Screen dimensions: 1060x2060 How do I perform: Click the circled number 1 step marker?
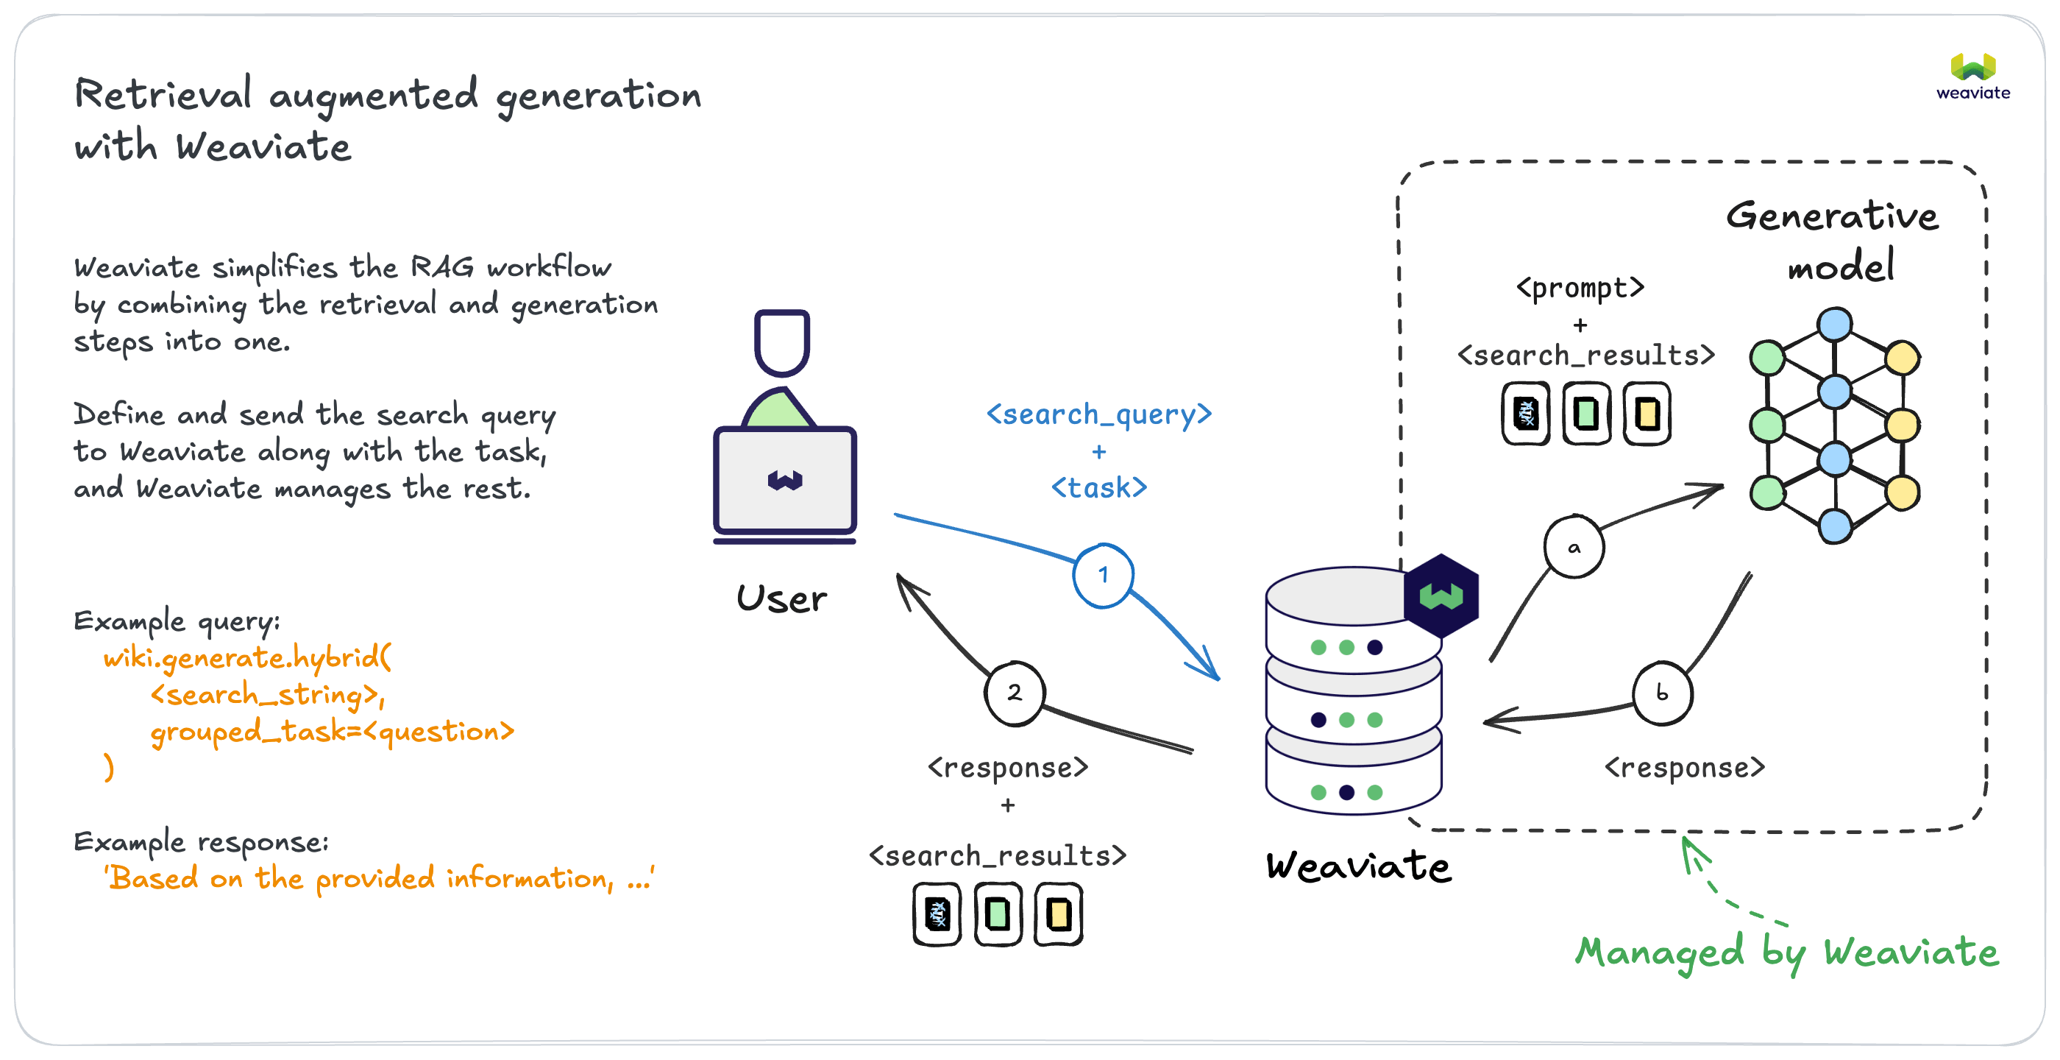click(1103, 575)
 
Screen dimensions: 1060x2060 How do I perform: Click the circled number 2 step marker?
click(1014, 693)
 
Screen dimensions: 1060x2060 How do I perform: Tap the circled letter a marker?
click(1574, 548)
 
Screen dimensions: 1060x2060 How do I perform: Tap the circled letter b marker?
click(1662, 693)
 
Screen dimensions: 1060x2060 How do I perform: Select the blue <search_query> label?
click(1098, 414)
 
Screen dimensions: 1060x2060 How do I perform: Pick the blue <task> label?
click(1098, 487)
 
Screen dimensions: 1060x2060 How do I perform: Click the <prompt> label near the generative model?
click(1580, 287)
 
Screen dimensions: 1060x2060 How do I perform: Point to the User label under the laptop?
click(781, 599)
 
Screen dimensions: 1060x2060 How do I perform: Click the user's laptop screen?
click(785, 480)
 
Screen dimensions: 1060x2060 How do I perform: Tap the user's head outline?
click(782, 342)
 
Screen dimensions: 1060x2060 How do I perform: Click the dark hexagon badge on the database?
click(1441, 596)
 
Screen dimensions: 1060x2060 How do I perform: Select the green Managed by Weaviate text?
click(1786, 952)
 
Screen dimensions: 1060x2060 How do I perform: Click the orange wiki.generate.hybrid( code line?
click(247, 657)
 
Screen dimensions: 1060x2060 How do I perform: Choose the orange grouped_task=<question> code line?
click(332, 731)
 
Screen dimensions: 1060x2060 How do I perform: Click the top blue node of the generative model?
click(1834, 325)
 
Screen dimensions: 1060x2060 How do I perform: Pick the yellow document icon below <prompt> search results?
click(1647, 414)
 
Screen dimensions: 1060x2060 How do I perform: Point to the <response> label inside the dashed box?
click(1684, 768)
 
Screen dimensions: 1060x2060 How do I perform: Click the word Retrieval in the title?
click(163, 94)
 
